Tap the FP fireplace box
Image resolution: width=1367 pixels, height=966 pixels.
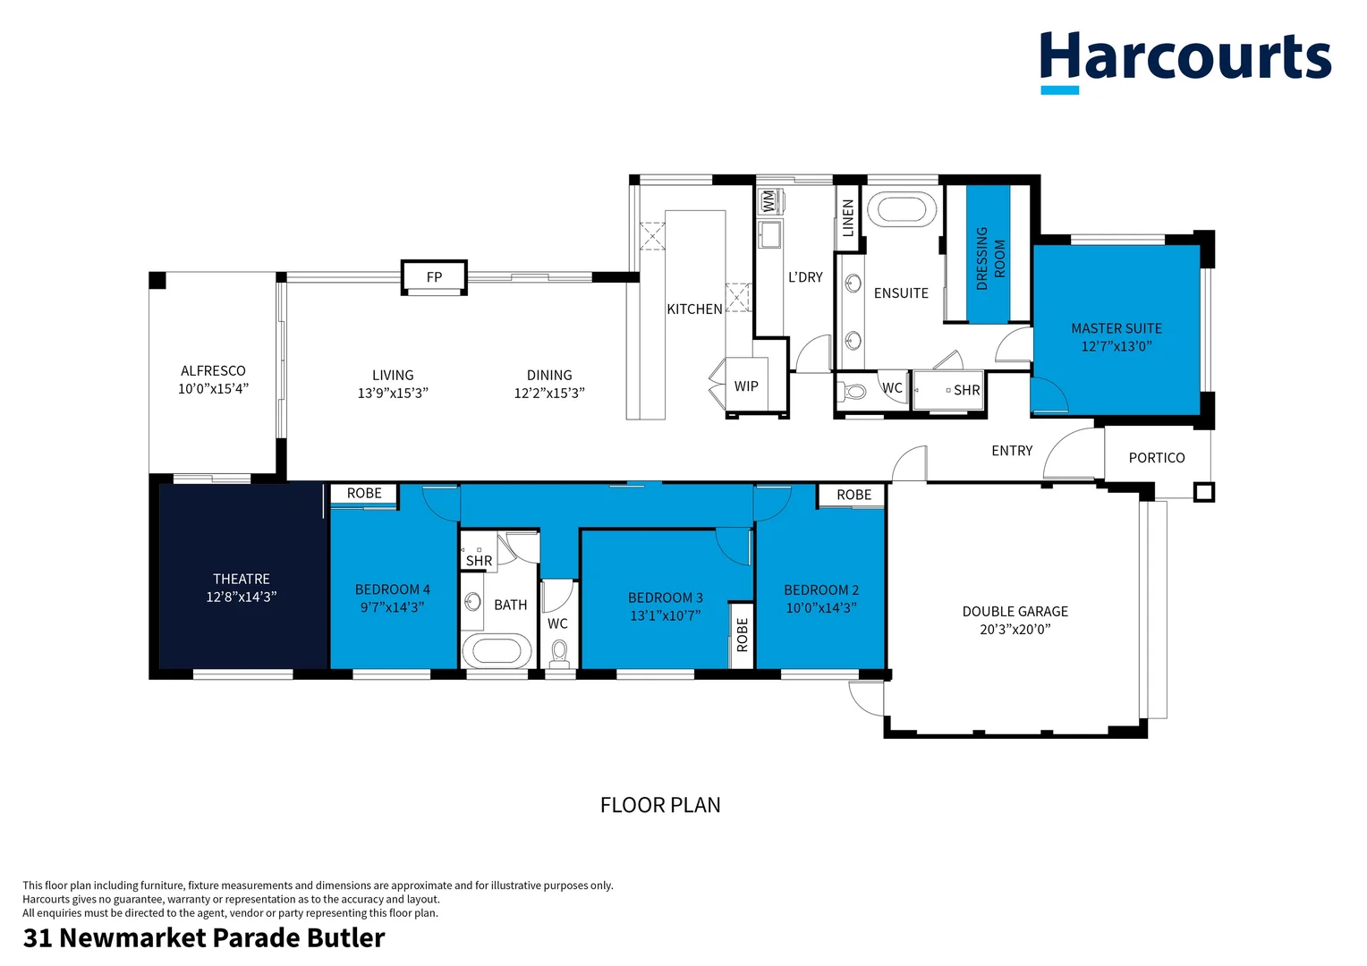tap(434, 277)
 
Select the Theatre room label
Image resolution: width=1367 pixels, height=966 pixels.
tap(242, 579)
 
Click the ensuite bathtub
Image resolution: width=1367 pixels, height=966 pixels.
tap(901, 209)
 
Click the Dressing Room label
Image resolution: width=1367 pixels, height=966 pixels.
tap(989, 258)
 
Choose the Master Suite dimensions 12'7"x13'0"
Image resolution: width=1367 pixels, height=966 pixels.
tap(1116, 346)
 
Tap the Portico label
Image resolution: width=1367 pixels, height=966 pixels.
tap(1156, 458)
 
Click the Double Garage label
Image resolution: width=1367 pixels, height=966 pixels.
tap(1015, 612)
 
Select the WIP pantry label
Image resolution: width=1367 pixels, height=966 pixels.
tap(746, 386)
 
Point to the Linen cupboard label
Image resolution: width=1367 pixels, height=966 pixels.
tap(848, 217)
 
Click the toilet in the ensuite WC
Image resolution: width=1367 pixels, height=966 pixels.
tap(854, 391)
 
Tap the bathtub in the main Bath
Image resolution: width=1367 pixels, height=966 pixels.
tap(496, 650)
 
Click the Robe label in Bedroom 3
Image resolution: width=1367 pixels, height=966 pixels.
tap(742, 635)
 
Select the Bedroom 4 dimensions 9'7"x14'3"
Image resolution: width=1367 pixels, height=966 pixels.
tap(392, 607)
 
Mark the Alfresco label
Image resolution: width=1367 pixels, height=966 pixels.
tap(213, 370)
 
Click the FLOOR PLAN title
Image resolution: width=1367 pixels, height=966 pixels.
tap(660, 805)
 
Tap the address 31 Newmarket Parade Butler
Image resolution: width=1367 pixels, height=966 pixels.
tap(204, 937)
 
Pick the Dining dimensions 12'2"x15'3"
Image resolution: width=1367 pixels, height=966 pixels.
tap(548, 394)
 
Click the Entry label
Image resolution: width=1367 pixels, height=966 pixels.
tap(1012, 451)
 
